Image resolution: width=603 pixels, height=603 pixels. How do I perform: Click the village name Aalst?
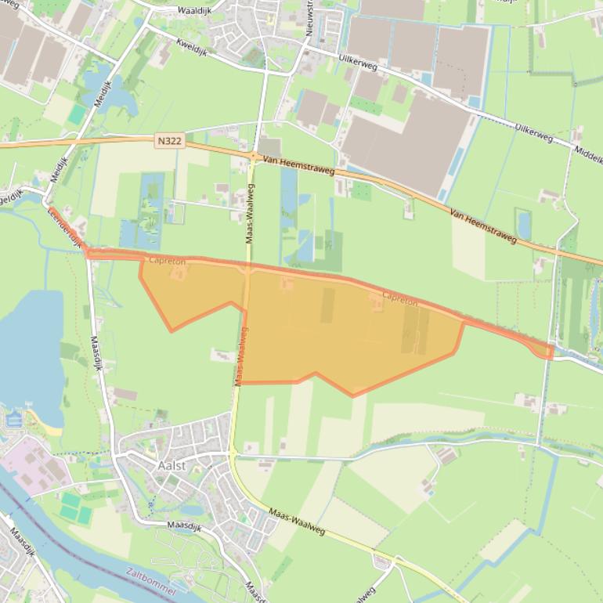point(172,465)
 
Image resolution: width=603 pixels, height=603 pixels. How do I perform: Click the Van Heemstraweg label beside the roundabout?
point(299,164)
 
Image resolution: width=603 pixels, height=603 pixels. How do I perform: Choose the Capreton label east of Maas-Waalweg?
point(399,298)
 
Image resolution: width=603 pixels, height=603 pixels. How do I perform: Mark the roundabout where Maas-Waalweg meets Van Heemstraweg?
point(255,157)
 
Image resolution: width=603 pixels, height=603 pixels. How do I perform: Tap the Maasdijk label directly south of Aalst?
point(184,528)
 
